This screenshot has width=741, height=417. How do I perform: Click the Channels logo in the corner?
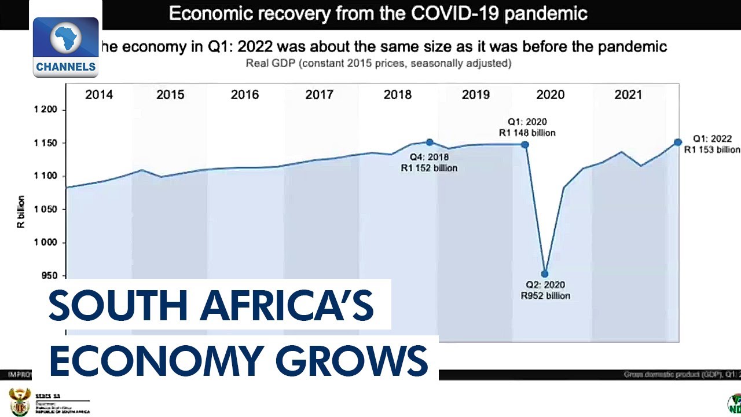[65, 47]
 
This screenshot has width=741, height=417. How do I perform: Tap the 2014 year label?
[99, 95]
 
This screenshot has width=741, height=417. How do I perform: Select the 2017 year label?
[319, 95]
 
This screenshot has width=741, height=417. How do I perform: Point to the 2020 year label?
[550, 95]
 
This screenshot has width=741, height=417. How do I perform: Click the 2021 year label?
[628, 95]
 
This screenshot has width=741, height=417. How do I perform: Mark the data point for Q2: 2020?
[545, 274]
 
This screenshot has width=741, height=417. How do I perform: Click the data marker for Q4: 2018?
[430, 142]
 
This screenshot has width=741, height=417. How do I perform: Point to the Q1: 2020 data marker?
[525, 144]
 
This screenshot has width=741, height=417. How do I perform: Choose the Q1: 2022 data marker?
[678, 142]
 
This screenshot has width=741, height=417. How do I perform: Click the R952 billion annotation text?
[545, 296]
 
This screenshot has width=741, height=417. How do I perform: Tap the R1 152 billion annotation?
[429, 168]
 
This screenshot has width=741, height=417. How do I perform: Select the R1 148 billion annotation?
[527, 133]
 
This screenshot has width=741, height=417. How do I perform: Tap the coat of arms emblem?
[19, 401]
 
